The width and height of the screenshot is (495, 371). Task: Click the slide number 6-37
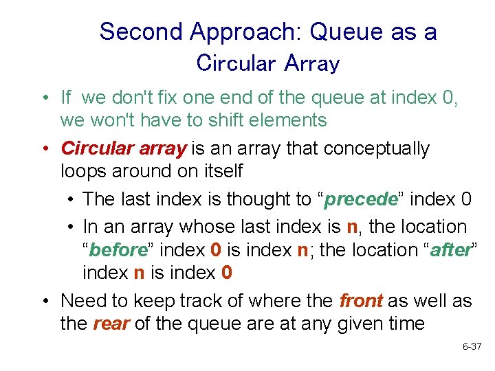click(x=472, y=348)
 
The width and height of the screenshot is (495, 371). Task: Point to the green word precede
click(x=361, y=199)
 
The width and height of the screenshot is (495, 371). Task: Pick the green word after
click(x=450, y=249)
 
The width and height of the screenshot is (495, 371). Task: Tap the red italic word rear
click(x=110, y=323)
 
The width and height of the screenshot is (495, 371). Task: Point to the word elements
click(x=288, y=120)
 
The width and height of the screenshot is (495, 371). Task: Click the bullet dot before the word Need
click(x=43, y=300)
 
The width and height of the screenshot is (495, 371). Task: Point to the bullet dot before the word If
click(x=43, y=98)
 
